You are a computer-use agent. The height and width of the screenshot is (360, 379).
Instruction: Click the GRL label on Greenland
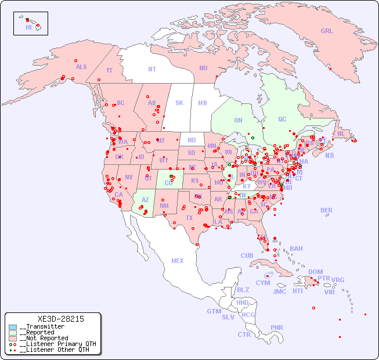(327, 31)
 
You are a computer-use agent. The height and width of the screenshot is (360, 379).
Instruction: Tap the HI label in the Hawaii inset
(28, 27)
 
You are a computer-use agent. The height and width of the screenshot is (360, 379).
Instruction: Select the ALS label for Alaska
(81, 67)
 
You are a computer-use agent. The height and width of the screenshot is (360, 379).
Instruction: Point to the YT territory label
(109, 70)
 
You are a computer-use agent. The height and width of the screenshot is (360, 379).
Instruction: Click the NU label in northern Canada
(203, 68)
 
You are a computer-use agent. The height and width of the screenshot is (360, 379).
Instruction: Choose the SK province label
(179, 103)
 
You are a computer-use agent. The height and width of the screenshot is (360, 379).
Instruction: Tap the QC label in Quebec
(282, 120)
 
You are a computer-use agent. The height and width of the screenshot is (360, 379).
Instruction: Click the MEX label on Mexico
(178, 261)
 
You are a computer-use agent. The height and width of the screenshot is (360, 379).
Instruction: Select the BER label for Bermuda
(326, 210)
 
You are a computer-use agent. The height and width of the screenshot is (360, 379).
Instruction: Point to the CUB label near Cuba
(247, 255)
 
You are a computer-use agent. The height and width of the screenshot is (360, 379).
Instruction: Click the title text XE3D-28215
(60, 319)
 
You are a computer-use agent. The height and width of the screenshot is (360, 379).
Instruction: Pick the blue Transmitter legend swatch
(13, 327)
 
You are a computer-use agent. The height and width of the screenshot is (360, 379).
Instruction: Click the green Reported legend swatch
(13, 333)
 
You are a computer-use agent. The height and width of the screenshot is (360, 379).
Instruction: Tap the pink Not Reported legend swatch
(13, 338)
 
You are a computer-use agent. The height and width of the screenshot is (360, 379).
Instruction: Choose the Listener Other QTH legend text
(56, 350)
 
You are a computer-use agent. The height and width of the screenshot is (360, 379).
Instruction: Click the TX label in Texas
(189, 218)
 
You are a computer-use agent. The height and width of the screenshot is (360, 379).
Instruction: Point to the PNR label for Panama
(277, 327)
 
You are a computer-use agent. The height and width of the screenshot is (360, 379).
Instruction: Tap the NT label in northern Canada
(152, 69)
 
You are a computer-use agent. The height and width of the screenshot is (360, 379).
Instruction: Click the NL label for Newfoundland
(341, 134)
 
